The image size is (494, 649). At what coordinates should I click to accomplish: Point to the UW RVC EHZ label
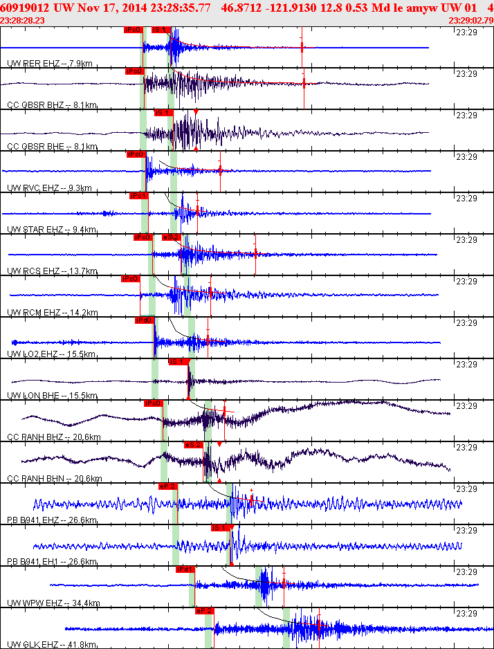point(51,188)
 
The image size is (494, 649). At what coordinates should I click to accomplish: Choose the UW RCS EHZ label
point(51,271)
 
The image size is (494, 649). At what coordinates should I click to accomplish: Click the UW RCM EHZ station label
point(51,313)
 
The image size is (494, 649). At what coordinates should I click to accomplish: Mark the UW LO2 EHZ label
point(51,354)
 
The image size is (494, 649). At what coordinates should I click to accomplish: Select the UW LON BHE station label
point(51,396)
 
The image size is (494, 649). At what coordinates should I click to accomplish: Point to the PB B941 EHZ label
point(51,520)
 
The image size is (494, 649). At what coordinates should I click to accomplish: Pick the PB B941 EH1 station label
point(51,562)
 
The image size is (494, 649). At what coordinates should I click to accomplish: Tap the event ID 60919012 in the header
point(25,8)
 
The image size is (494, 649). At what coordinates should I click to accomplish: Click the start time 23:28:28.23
point(23,21)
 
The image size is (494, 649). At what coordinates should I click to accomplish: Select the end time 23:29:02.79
point(470,21)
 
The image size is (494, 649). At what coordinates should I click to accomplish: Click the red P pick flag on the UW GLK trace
point(204,611)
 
